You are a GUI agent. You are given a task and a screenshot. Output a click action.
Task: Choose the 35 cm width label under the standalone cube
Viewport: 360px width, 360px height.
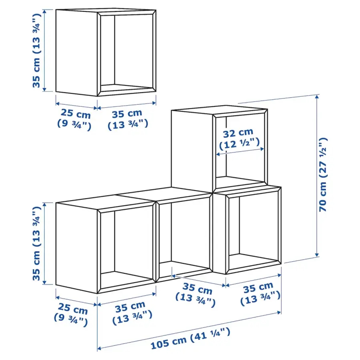(128, 119)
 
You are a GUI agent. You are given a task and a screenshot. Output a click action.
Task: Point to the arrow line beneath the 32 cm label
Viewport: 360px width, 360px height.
(240, 152)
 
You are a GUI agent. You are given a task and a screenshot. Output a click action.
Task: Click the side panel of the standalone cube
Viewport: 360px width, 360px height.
(77, 52)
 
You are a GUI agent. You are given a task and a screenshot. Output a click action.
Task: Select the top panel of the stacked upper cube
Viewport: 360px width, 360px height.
(220, 109)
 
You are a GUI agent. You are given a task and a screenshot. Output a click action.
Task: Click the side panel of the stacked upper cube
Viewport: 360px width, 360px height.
(192, 148)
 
